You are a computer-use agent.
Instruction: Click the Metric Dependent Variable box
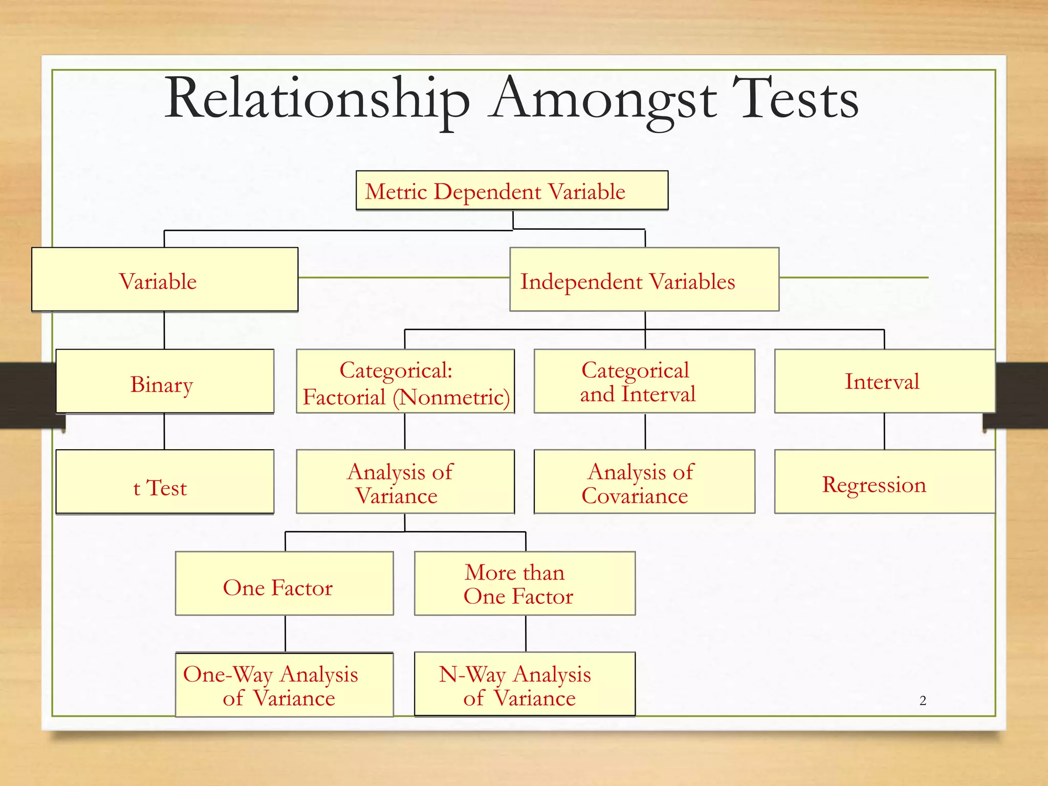point(512,191)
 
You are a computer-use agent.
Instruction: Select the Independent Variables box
point(644,279)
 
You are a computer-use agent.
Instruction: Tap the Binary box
point(165,381)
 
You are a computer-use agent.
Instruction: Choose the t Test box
point(165,482)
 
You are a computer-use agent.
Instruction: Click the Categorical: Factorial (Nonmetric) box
point(405,381)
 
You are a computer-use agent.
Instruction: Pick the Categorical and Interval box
point(644,381)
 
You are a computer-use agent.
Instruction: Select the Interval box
point(884,381)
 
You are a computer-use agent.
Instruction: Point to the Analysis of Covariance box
point(644,482)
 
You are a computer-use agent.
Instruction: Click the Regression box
point(884,482)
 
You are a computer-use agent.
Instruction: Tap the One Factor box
point(284,583)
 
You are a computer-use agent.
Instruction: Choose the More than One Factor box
point(525,583)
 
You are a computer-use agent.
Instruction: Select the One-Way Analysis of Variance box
point(284,685)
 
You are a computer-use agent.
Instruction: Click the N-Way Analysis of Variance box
point(525,685)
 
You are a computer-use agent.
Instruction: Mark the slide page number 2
point(923,701)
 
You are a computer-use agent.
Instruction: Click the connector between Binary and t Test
point(164,431)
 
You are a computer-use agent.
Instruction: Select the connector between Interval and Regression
point(884,431)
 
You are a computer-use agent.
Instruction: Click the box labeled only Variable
point(165,279)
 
